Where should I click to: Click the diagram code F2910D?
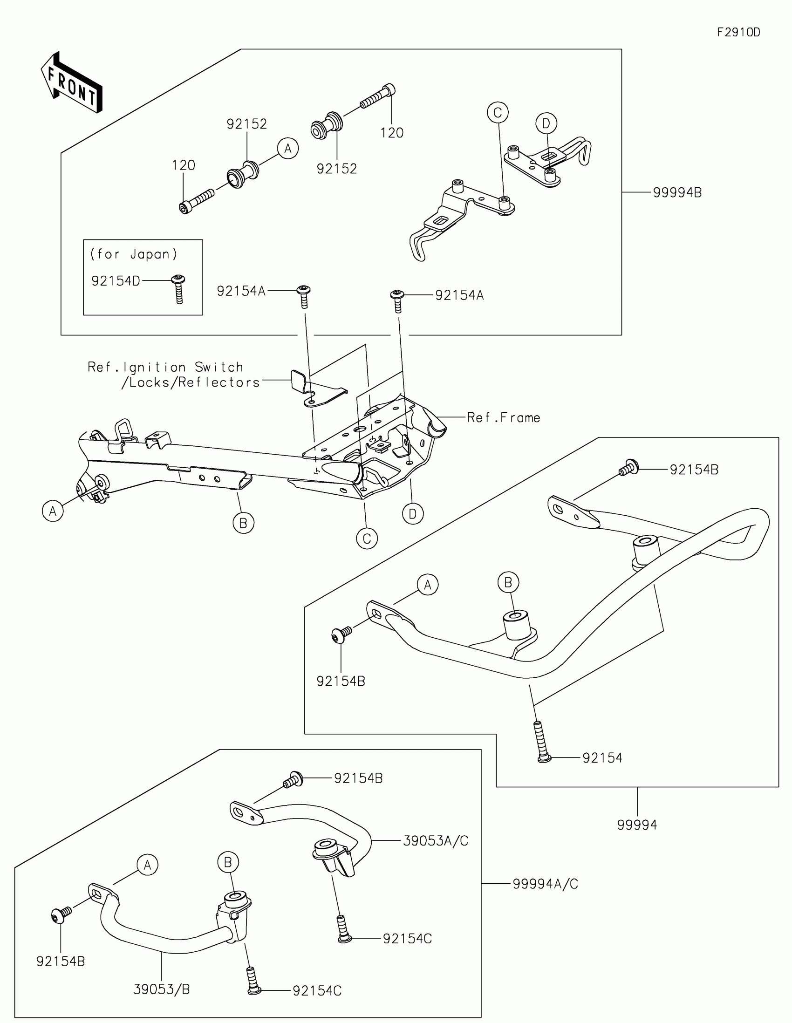738,32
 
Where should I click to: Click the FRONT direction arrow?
72,83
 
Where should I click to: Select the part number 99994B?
677,192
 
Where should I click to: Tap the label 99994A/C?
545,884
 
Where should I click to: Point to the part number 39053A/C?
436,841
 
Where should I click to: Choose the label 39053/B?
162,989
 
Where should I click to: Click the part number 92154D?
116,281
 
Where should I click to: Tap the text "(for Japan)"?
134,254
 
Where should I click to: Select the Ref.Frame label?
504,417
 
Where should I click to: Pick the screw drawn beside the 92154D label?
178,288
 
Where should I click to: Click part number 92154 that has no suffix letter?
602,758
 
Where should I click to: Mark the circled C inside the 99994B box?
498,112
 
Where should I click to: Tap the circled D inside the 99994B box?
546,123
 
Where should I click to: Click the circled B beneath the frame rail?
243,523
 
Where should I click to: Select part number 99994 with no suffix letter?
637,825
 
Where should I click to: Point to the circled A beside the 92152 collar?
287,149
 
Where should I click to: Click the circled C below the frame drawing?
367,539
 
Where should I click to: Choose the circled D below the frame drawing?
413,514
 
